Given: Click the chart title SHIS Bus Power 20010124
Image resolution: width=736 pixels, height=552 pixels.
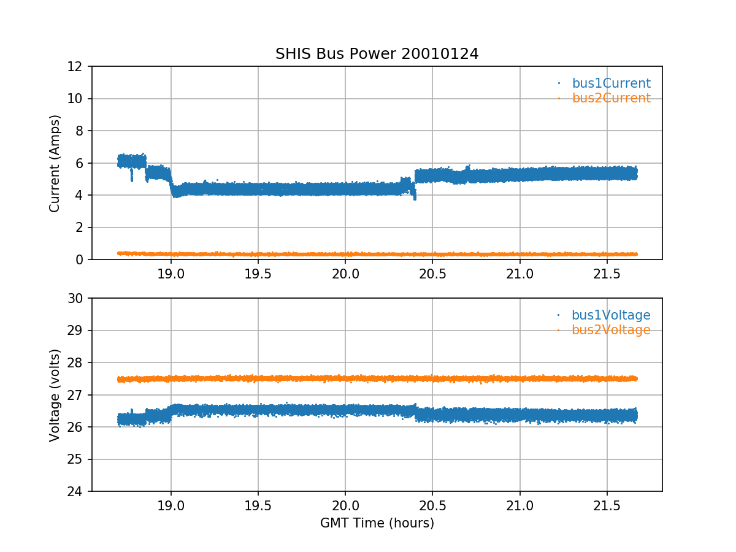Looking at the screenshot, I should point(377,54).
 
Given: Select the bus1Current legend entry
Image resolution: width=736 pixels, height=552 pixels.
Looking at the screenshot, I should point(611,83).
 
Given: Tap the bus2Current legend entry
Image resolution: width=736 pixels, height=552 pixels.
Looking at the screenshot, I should point(611,98).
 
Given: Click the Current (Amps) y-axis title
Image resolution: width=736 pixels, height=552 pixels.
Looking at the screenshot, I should point(55,163).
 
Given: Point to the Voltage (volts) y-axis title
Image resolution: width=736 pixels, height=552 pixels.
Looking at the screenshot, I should point(55,395).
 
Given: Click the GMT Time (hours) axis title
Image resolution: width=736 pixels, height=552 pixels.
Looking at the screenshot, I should point(377,523).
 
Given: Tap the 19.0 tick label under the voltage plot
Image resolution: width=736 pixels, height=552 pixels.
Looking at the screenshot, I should point(171,504).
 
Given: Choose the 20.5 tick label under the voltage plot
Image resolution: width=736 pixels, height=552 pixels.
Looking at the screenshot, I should point(432,504).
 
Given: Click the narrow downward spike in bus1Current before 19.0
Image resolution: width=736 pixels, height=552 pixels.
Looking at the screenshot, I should point(131,177).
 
